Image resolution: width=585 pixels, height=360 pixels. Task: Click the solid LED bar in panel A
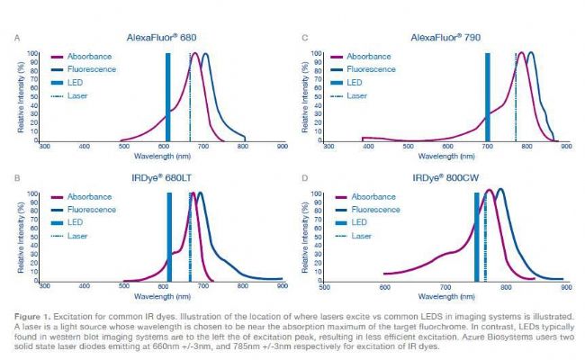[167, 96]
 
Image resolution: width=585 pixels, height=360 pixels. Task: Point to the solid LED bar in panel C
[487, 96]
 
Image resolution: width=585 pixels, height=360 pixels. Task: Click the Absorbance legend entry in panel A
[88, 55]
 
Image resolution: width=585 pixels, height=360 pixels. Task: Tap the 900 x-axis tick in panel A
[283, 145]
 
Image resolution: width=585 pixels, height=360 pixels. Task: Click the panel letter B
[20, 178]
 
